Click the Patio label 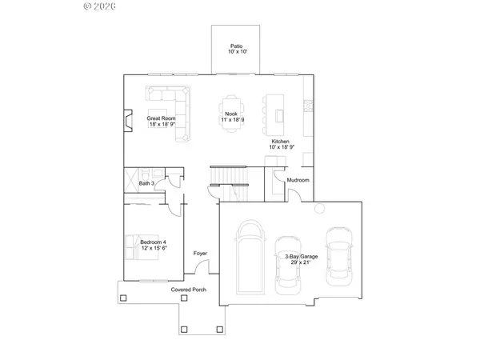pos(237,49)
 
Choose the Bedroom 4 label pos(154,245)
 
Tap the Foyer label pos(200,254)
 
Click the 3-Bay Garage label pos(302,259)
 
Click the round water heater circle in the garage pos(319,209)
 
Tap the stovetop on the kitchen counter pos(309,105)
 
